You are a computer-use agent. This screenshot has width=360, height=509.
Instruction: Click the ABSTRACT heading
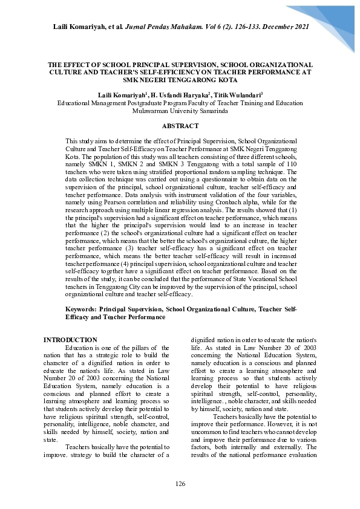point(180,126)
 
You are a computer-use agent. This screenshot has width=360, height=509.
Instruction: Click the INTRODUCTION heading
point(70,340)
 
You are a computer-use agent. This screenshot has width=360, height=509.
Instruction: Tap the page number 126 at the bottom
point(180,484)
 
